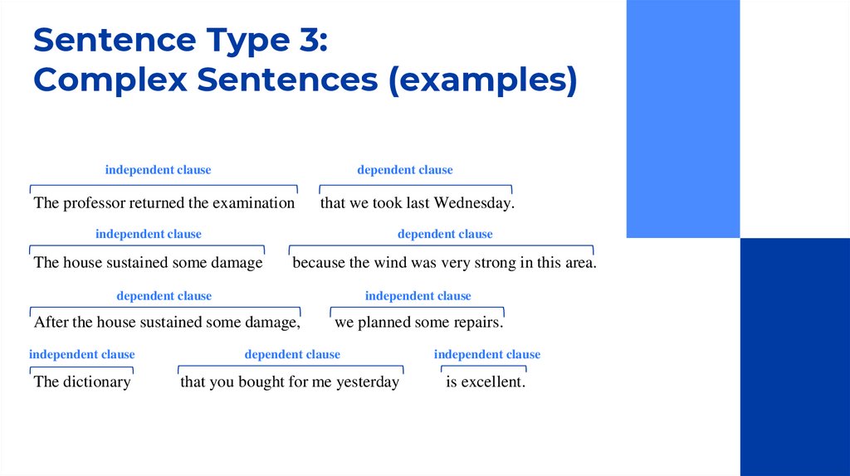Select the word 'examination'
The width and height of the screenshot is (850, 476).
coord(253,203)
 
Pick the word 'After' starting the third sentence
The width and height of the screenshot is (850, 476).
coord(51,323)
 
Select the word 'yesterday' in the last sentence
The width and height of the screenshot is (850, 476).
coord(367,382)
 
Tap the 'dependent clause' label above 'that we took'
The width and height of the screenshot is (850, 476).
coord(405,170)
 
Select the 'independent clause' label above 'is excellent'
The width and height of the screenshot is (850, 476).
coord(487,355)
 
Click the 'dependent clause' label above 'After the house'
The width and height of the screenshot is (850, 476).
coord(164,296)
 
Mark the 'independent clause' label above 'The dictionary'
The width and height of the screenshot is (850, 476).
coord(82,355)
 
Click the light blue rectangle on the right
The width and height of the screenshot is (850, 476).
coord(682,119)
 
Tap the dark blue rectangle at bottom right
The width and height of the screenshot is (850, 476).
coord(794,357)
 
